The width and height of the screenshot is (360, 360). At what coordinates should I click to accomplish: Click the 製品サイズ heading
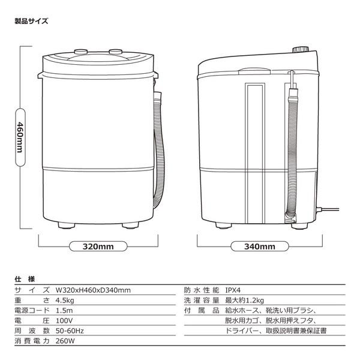(x=31, y=21)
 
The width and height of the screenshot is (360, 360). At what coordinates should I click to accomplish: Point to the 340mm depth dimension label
(x=260, y=246)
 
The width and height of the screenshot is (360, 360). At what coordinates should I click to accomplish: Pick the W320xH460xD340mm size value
(x=92, y=290)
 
